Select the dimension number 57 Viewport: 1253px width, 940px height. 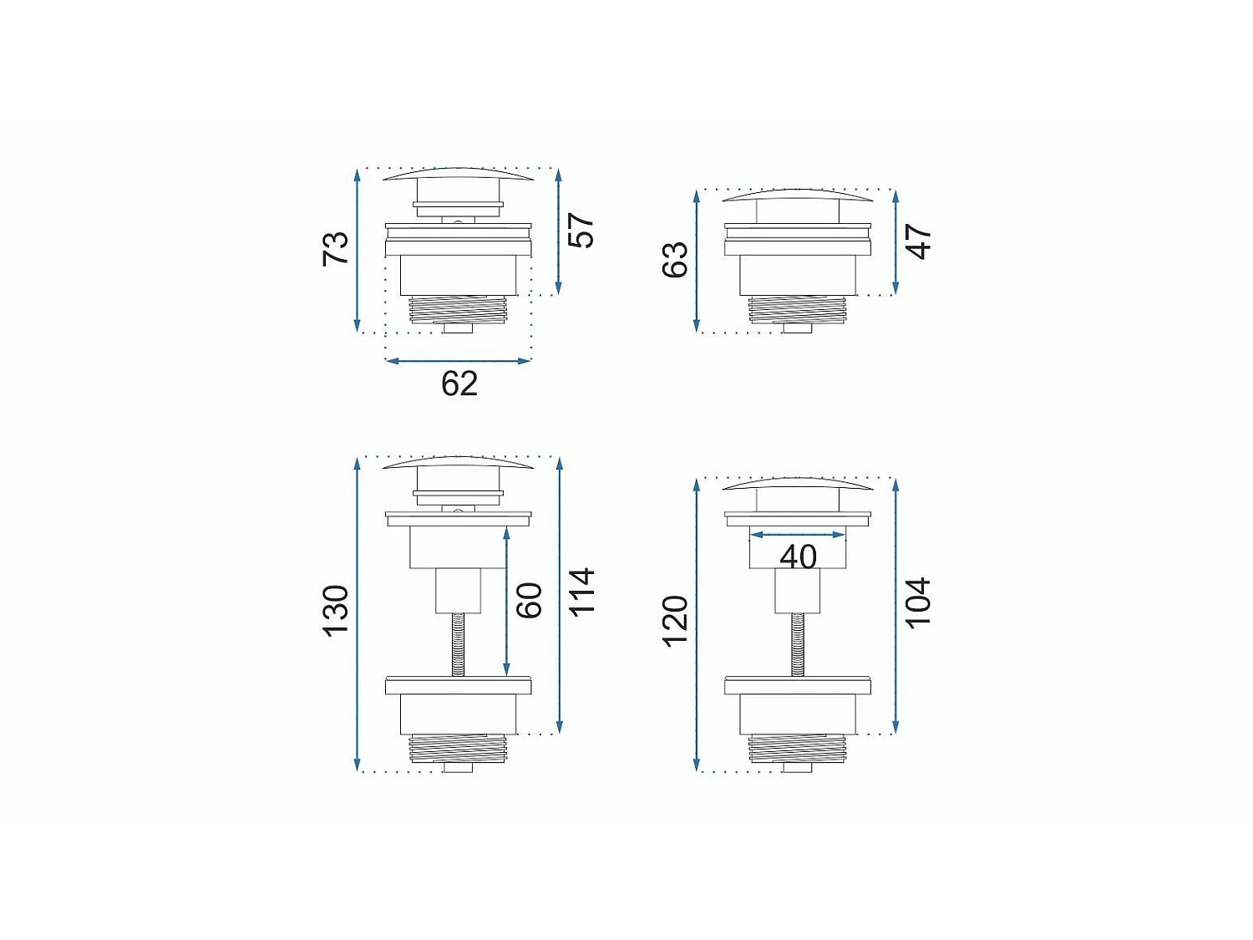coord(581,230)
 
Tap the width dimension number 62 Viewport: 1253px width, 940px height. coord(459,384)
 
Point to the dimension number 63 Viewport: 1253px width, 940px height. coord(675,260)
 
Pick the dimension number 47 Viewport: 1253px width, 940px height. coord(920,241)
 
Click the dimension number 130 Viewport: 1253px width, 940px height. coord(336,611)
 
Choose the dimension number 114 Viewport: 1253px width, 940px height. coord(583,592)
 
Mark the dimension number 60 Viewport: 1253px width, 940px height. coord(529,600)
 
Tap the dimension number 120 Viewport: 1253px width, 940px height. coord(675,622)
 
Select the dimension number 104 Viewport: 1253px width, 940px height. coord(920,602)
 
